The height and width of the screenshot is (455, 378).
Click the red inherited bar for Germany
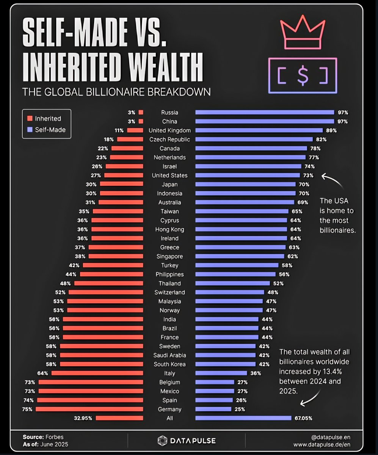click(89, 409)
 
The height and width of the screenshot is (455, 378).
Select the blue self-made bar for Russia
click(264, 112)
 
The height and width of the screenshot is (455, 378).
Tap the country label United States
click(169, 175)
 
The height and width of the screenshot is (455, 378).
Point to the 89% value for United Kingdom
click(331, 130)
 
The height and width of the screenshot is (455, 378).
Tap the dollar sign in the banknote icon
click(303, 75)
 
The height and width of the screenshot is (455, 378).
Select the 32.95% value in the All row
click(83, 418)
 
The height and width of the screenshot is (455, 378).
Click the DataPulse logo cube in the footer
click(163, 441)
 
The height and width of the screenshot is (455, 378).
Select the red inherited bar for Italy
click(97, 373)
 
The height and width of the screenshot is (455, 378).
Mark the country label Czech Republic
click(169, 139)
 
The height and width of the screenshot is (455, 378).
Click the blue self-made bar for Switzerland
click(229, 292)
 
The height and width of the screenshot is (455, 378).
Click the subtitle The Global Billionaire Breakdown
click(116, 92)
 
